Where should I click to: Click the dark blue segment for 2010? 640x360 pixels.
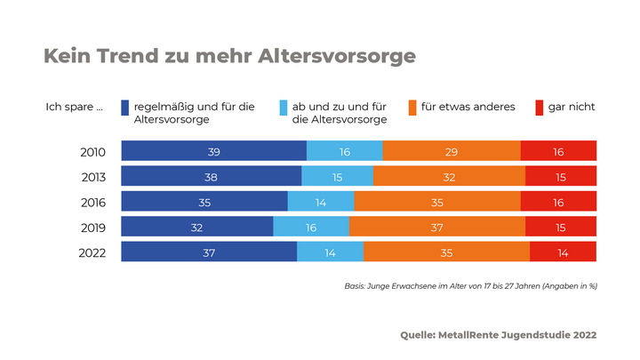(213, 152)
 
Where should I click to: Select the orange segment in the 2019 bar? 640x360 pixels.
(436, 228)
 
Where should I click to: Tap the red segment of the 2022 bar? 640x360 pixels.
(563, 252)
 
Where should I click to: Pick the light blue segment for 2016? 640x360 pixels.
(321, 203)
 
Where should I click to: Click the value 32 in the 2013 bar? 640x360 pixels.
(449, 178)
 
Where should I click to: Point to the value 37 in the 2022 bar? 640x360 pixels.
(210, 253)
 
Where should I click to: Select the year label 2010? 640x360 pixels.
(92, 152)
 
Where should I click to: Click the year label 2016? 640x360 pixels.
(92, 203)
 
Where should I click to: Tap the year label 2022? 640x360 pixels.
(92, 253)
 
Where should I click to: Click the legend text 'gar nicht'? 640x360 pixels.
(572, 107)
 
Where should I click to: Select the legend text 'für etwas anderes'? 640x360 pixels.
(468, 107)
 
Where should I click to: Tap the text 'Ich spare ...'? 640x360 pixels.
(75, 107)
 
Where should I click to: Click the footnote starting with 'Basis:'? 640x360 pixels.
(470, 286)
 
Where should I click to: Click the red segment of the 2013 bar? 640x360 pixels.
(560, 177)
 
